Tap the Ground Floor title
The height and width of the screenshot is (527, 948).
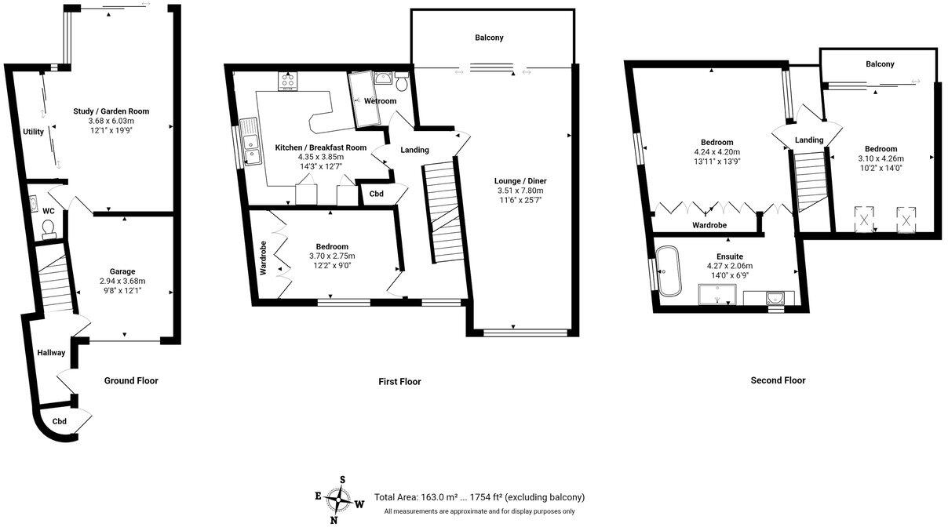(x=131, y=380)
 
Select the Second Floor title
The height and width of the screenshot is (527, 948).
(x=778, y=380)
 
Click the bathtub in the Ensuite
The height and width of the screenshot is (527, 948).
(x=669, y=271)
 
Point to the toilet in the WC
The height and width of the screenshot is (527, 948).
(x=48, y=227)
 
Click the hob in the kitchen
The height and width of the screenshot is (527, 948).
(x=288, y=80)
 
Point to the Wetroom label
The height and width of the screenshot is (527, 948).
(x=379, y=101)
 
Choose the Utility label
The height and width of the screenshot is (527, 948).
(x=33, y=132)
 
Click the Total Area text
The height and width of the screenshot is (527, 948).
(x=479, y=497)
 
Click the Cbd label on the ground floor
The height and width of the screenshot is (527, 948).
(x=60, y=421)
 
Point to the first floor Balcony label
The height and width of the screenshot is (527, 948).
(x=489, y=38)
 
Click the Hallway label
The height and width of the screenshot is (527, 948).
(x=51, y=353)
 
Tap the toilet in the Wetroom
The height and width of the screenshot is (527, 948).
(x=402, y=82)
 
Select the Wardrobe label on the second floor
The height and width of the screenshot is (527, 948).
(x=709, y=225)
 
